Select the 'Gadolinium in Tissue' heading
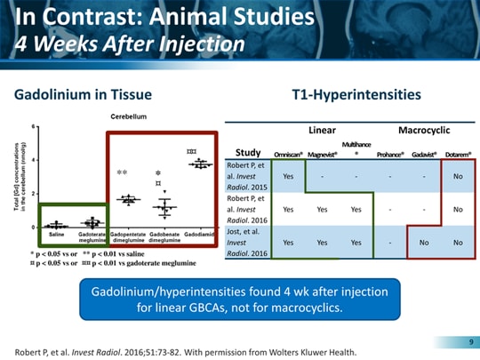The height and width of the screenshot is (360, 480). tap(84, 93)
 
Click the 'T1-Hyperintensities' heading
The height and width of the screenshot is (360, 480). tap(356, 93)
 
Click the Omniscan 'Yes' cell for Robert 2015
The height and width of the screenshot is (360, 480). tap(288, 176)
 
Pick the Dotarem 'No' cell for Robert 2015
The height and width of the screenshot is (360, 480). tap(458, 176)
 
